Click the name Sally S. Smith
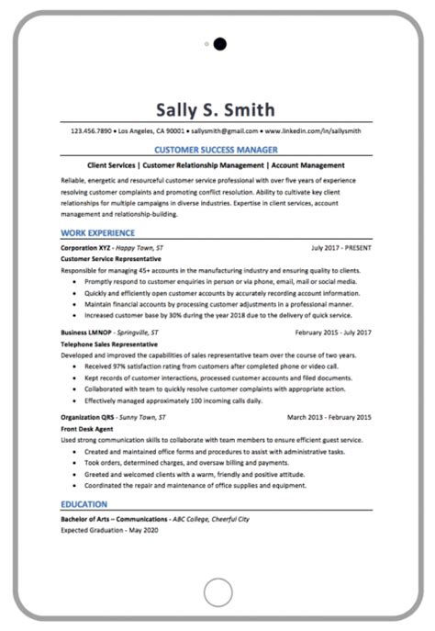tap(217, 110)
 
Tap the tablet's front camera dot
tap(219, 43)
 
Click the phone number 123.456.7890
tap(91, 131)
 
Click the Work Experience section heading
tap(97, 233)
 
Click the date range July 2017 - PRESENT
tap(341, 248)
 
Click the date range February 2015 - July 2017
tap(333, 332)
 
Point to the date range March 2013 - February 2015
tap(329, 416)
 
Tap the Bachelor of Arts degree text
tap(114, 519)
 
